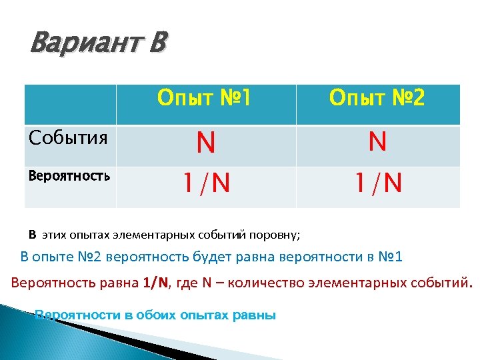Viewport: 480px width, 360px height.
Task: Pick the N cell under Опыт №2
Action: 377,142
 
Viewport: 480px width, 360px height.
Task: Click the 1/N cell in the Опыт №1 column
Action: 206,181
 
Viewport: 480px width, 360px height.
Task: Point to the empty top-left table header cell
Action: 70,104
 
